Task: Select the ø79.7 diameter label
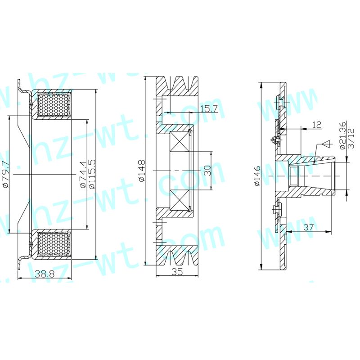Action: point(5,175)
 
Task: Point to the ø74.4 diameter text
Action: point(83,175)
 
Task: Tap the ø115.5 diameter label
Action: point(92,174)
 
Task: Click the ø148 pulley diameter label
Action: point(142,171)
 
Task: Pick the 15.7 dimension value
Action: point(209,108)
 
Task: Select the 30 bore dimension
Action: point(207,171)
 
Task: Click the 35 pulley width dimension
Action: point(177,272)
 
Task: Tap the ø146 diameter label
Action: point(256,175)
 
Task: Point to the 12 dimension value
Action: point(316,125)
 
